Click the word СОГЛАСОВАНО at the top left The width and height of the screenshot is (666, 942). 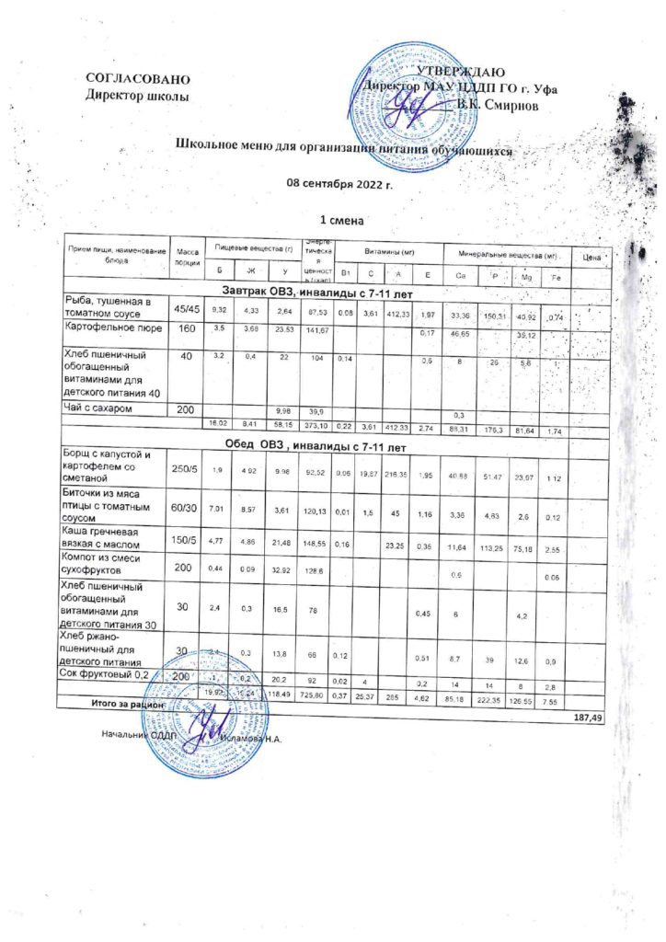(x=138, y=79)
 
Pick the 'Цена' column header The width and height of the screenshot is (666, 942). (x=591, y=257)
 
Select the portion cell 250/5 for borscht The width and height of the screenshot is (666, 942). (x=187, y=470)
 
